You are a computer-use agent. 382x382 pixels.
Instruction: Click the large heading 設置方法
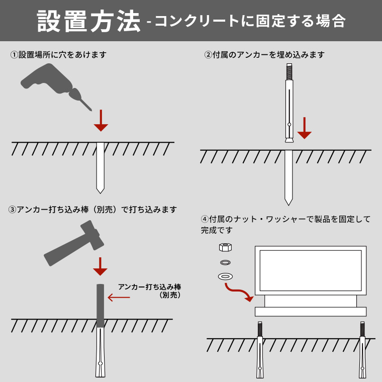coord(89,21)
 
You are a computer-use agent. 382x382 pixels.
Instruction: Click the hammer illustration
coord(74,243)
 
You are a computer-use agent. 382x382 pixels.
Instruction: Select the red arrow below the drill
coord(101,121)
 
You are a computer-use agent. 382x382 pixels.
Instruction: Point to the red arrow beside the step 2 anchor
coord(304,128)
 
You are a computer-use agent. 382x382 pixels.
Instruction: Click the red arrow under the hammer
coord(100,266)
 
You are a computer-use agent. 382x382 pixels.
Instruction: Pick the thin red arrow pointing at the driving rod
coord(119,297)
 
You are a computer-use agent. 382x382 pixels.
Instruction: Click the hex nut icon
coord(225,247)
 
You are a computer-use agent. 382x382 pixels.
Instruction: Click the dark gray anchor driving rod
coord(100,306)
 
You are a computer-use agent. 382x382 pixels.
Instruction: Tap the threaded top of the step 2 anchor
coord(289,71)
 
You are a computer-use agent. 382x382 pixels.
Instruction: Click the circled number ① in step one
coord(14,55)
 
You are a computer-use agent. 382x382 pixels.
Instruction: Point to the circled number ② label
coord(208,55)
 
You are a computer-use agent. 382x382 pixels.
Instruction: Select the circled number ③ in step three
coord(12,210)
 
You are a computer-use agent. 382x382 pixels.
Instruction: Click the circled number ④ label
coord(205,219)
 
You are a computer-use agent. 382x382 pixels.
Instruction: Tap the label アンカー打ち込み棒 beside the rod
coord(150,286)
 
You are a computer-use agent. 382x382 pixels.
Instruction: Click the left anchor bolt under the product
coord(260,350)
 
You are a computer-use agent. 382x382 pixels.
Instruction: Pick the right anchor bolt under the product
coord(362,350)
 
